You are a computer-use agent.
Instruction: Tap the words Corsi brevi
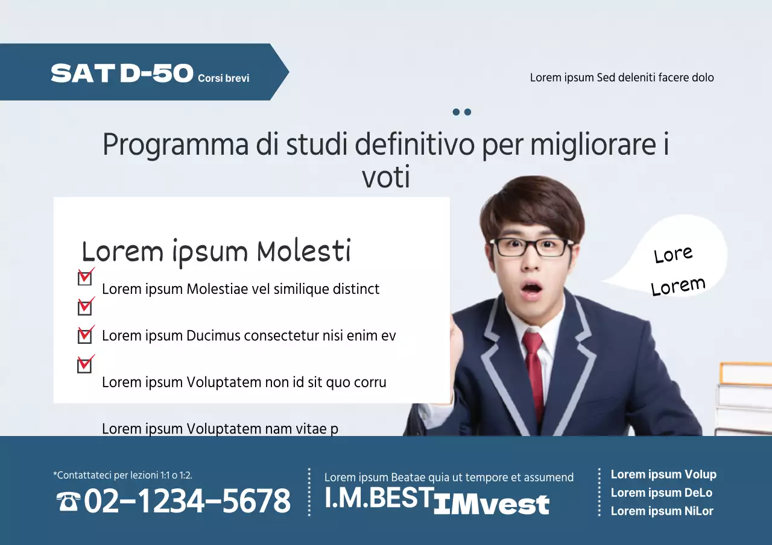(223, 78)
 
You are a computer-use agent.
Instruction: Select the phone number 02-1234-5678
(187, 501)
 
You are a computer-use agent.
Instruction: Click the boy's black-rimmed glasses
(531, 247)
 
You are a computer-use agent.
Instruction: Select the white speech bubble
(675, 259)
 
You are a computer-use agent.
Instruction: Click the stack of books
(744, 397)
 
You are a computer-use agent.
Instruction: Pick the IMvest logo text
(491, 505)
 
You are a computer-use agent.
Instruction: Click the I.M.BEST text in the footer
(378, 498)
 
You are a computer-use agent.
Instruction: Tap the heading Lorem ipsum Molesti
(216, 251)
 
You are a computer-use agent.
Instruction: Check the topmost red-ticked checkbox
(85, 277)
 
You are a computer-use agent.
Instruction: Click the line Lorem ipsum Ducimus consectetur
(248, 335)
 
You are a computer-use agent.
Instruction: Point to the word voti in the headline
(386, 178)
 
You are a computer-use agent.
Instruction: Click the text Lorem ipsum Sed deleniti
(622, 78)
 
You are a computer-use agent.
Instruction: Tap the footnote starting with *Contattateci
(122, 475)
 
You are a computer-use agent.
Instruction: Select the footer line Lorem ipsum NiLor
(662, 511)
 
